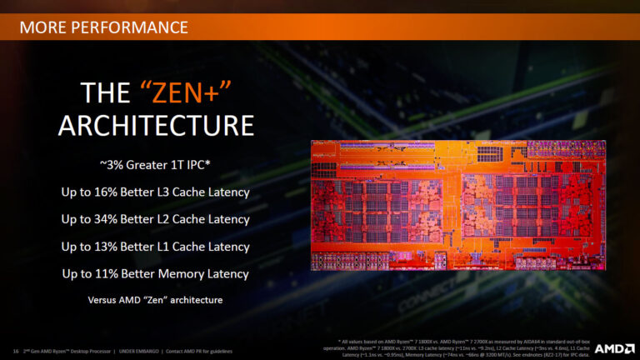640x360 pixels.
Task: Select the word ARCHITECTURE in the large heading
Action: click(156, 125)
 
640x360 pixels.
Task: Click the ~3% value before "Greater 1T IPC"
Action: click(110, 166)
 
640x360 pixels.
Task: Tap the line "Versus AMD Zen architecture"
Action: click(155, 299)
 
